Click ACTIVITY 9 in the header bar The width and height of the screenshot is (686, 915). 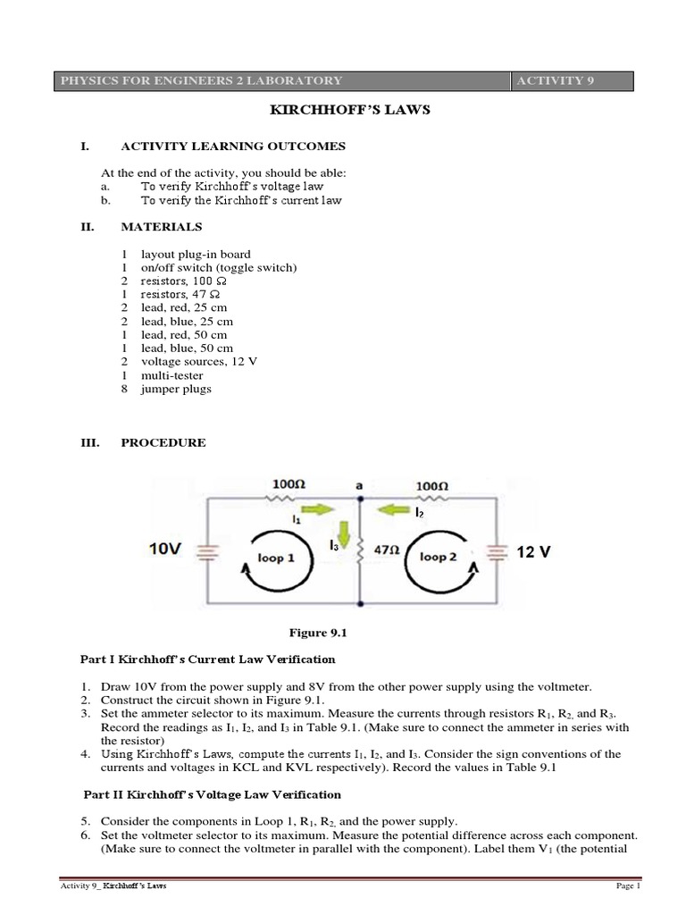coord(554,80)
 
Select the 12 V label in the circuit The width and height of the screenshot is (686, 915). coord(533,552)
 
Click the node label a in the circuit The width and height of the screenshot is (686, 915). coord(358,485)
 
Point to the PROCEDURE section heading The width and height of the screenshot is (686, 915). coord(163,442)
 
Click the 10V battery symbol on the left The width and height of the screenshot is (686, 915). coord(207,553)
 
